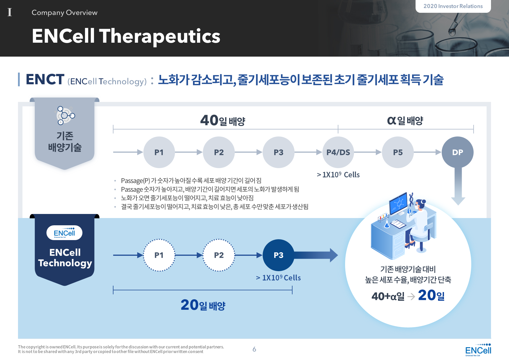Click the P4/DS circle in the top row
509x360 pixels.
point(338,152)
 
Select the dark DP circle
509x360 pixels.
point(458,152)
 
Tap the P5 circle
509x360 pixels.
point(398,152)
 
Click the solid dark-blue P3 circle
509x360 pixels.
point(278,255)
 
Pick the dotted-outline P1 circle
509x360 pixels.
point(159,255)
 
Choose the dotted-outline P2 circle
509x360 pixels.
point(219,255)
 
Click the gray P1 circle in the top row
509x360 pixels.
point(159,152)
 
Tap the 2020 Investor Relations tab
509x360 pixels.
point(453,6)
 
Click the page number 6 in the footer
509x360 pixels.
point(254,349)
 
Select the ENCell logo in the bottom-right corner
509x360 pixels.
point(478,350)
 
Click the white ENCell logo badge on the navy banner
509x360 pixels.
point(64,233)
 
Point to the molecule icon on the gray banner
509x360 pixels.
point(65,115)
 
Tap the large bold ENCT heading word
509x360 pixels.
point(45,80)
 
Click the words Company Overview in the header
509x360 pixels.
point(64,12)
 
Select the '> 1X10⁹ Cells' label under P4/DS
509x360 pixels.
point(338,174)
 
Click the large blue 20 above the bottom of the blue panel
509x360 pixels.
point(189,305)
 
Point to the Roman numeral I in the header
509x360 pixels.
point(10,12)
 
